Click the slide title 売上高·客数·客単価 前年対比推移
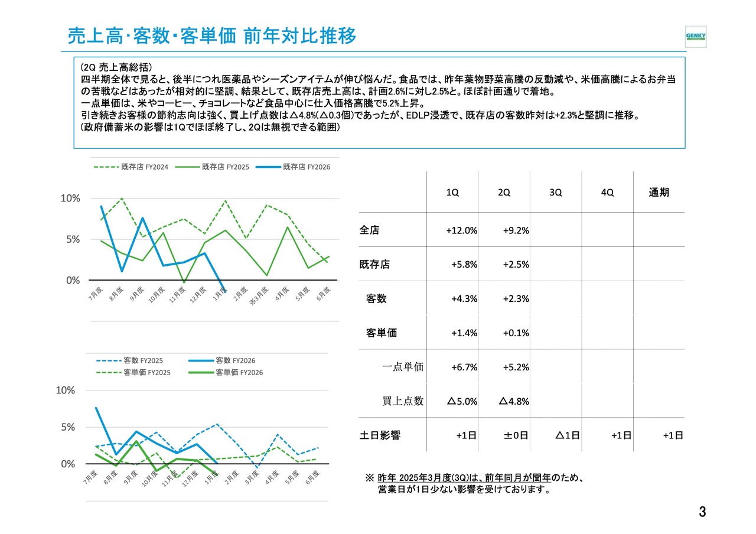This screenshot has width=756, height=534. coord(212,36)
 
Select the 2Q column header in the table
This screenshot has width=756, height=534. coord(504,193)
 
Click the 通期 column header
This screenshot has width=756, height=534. coord(659,193)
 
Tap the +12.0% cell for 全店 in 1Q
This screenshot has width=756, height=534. coord(461,231)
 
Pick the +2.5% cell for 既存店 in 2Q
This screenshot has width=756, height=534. coord(516,265)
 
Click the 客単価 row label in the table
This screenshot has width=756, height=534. coord(382,333)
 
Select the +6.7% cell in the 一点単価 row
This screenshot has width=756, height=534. coord(464,367)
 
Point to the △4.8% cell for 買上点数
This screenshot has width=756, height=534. coord(514,402)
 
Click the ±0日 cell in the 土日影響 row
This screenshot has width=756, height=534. coord(516,435)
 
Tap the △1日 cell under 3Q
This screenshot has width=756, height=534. coord(567,435)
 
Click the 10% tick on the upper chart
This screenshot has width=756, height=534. coord(70,198)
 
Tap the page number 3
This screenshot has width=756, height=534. coord(702,512)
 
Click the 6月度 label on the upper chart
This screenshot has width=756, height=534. coord(322,294)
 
